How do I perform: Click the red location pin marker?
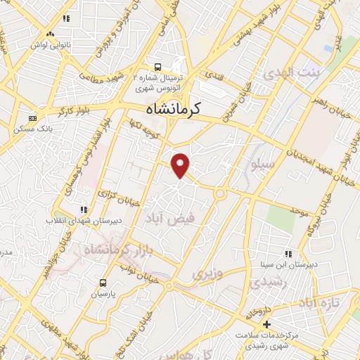(181, 165)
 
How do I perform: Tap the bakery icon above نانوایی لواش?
(49, 34)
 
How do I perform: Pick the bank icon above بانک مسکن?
(33, 118)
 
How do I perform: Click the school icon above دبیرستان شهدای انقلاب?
(84, 210)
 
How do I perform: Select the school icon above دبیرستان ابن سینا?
(288, 254)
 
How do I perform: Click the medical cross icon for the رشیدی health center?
(266, 324)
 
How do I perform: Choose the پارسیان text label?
(103, 293)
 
